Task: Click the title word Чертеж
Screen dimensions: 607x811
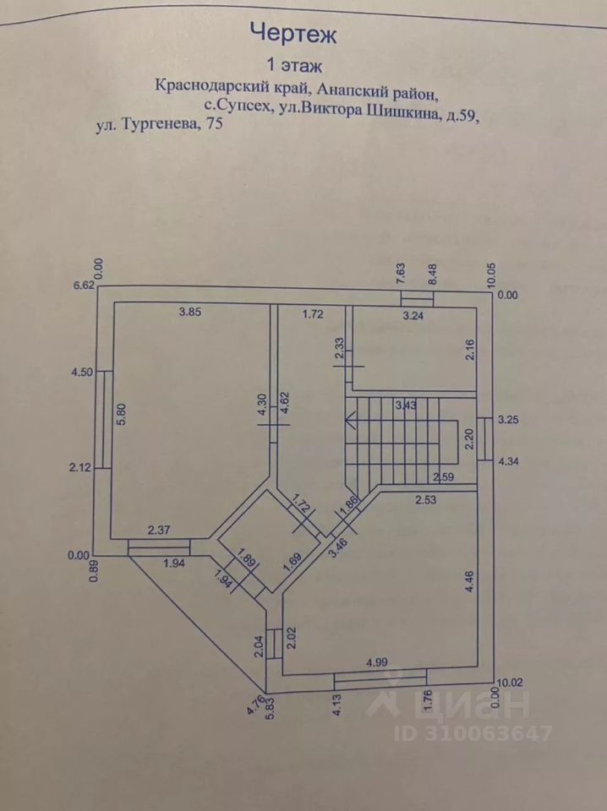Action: (293, 34)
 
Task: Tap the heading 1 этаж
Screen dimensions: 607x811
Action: (294, 66)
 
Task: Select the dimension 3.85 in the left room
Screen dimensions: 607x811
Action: (190, 312)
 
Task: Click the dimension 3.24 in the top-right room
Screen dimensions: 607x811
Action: (413, 315)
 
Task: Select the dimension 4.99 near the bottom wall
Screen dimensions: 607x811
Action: (377, 662)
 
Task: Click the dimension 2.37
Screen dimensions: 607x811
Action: (159, 530)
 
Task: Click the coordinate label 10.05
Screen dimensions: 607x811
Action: (491, 275)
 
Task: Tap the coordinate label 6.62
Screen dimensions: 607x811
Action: (85, 285)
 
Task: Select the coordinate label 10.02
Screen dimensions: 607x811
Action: (510, 683)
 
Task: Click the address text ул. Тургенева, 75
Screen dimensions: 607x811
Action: (160, 125)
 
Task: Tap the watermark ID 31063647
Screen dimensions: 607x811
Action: (473, 733)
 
